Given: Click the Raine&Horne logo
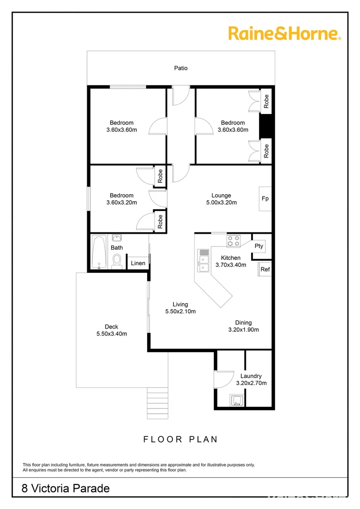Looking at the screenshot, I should click(284, 34).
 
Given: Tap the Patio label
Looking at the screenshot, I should click(181, 68).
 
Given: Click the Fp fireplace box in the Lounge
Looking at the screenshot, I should click(265, 199).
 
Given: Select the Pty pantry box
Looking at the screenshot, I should click(259, 246).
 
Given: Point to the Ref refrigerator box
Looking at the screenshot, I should click(265, 270).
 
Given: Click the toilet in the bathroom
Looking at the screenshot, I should click(117, 261).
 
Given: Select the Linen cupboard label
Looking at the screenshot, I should click(138, 263).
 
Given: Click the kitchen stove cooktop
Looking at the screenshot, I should click(234, 241).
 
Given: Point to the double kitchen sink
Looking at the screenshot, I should click(204, 261).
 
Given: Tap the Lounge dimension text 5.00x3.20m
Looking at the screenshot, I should click(221, 203).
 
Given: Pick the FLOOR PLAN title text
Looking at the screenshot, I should click(180, 439).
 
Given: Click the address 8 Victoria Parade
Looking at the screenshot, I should click(66, 488).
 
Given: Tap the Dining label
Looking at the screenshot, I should click(243, 323).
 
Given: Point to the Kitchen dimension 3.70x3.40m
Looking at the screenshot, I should click(231, 265).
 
